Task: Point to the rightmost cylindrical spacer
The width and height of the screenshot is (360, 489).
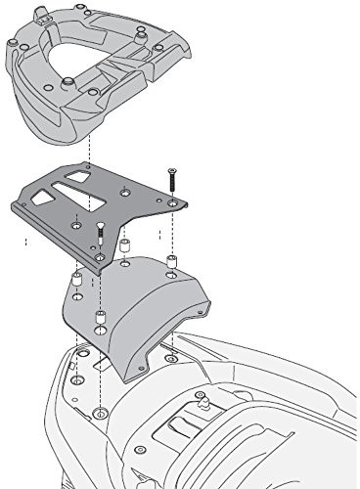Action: (171, 262)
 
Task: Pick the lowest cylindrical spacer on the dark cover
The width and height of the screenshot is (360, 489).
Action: (101, 319)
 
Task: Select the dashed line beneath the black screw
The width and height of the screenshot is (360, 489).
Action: (172, 230)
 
